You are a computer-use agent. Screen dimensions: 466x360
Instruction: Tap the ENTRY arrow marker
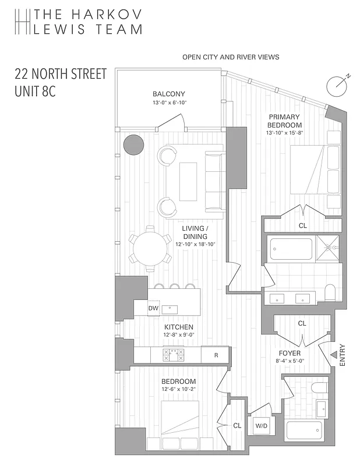click(x=334, y=354)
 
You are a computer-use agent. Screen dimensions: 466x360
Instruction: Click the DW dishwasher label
click(x=153, y=308)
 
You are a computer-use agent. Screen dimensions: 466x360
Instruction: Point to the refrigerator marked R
click(x=216, y=354)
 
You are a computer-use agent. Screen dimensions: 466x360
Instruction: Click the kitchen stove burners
click(x=173, y=354)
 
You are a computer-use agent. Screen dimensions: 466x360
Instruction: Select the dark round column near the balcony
click(x=133, y=144)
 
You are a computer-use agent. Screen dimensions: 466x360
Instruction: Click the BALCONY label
click(x=169, y=94)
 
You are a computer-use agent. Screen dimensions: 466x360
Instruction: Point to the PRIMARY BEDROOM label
click(x=285, y=121)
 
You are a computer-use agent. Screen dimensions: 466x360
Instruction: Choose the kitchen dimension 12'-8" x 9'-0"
click(x=178, y=335)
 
